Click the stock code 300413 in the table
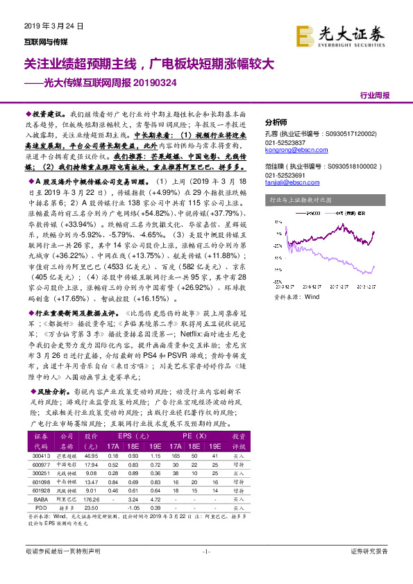click(x=42, y=456)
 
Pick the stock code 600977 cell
click(x=42, y=465)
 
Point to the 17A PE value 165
click(x=177, y=456)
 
